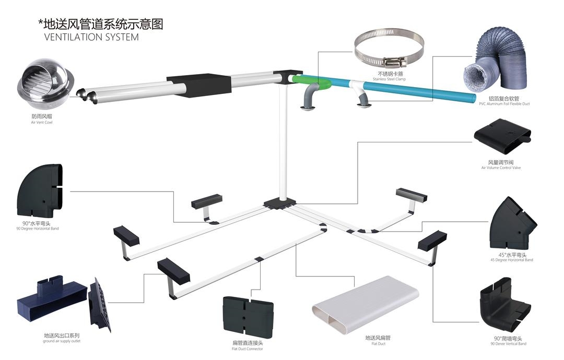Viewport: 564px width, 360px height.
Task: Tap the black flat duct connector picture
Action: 248,316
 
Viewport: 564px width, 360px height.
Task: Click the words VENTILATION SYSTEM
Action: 91,37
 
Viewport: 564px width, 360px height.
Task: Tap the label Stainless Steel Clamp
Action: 389,79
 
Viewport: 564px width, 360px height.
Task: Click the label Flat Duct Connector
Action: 248,349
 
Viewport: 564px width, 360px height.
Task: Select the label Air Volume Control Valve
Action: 501,168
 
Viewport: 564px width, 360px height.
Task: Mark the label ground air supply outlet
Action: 66,341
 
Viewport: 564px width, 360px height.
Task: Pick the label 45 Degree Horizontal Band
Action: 512,260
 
